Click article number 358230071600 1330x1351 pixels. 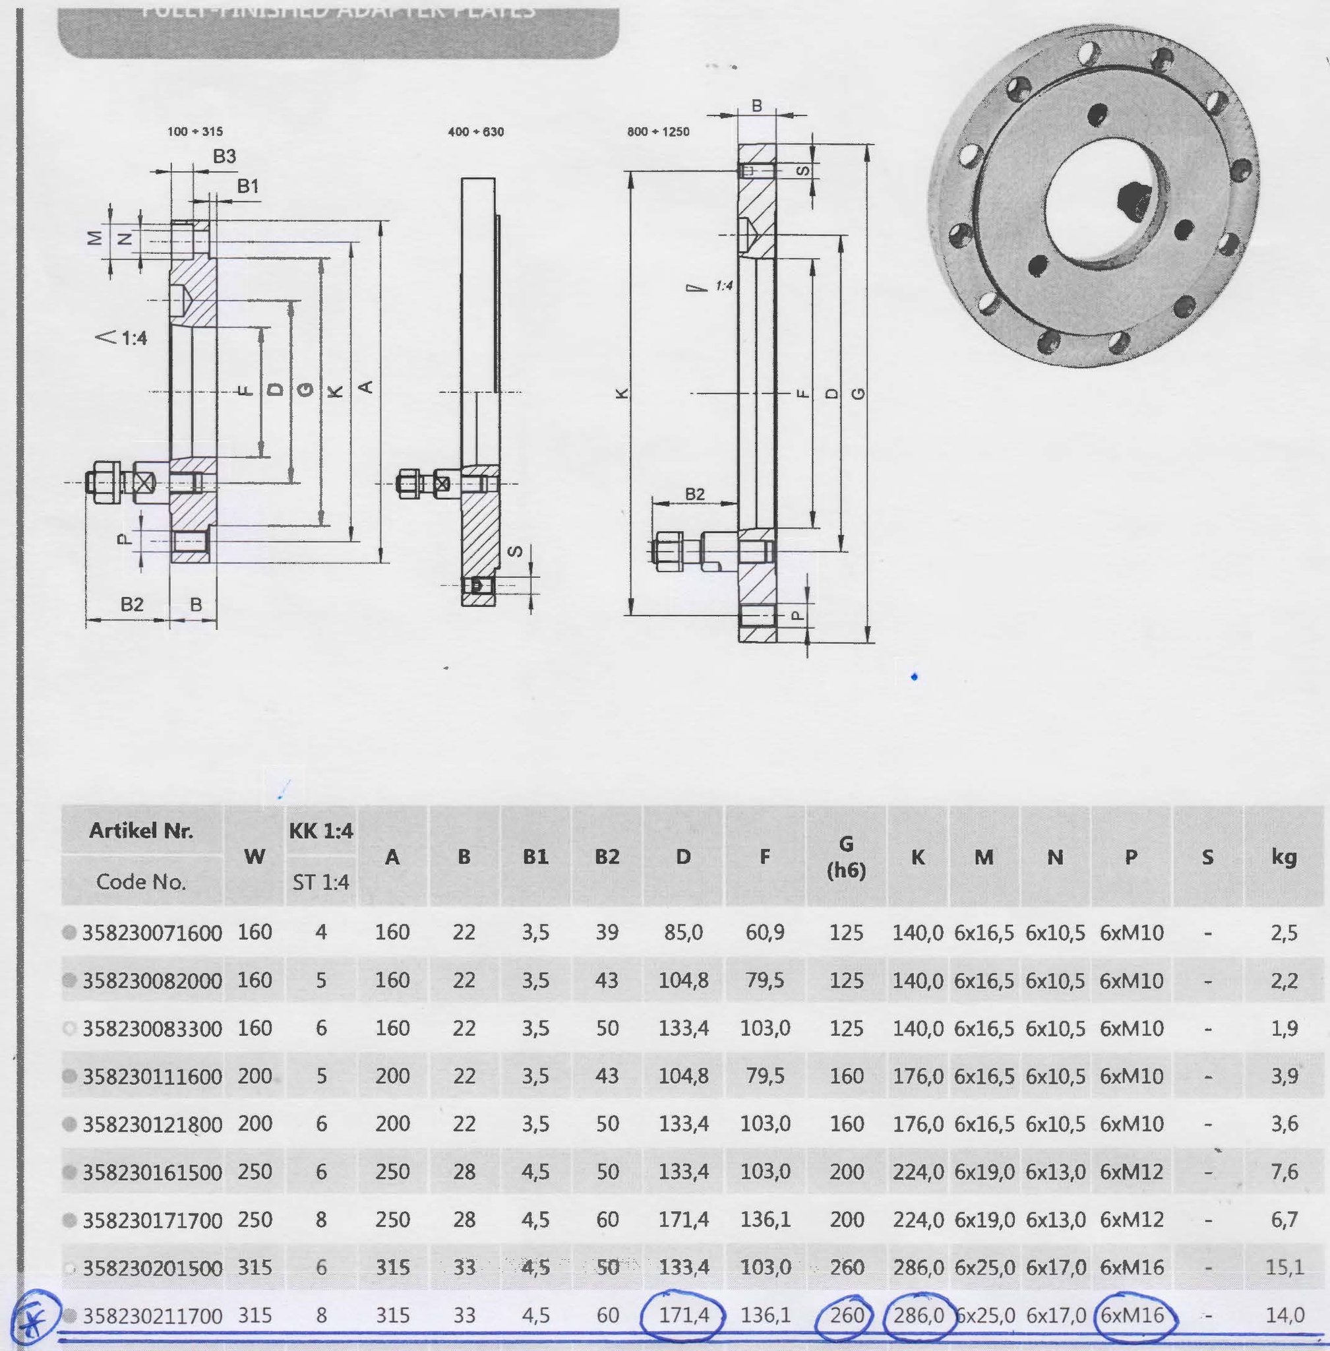pos(152,933)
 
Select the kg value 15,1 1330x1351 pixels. pos(1284,1268)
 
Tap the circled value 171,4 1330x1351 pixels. pos(683,1316)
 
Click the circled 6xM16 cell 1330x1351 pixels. pos(1132,1316)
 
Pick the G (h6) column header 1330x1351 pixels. pos(846,857)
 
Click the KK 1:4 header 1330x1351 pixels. pos(320,831)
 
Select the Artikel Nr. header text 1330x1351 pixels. pos(141,831)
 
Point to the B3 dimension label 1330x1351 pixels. pos(224,156)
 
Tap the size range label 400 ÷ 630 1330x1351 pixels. pos(475,131)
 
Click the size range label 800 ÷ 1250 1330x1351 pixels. pos(657,131)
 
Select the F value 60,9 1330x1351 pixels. pos(765,932)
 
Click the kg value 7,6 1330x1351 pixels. pos(1284,1172)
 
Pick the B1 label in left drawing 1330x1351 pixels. pos(248,186)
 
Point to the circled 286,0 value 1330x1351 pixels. pos(918,1316)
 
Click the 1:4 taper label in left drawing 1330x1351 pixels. pos(125,338)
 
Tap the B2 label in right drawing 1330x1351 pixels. pos(694,494)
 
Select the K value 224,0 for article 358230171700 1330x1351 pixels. pos(918,1220)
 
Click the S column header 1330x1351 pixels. pos(1207,857)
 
